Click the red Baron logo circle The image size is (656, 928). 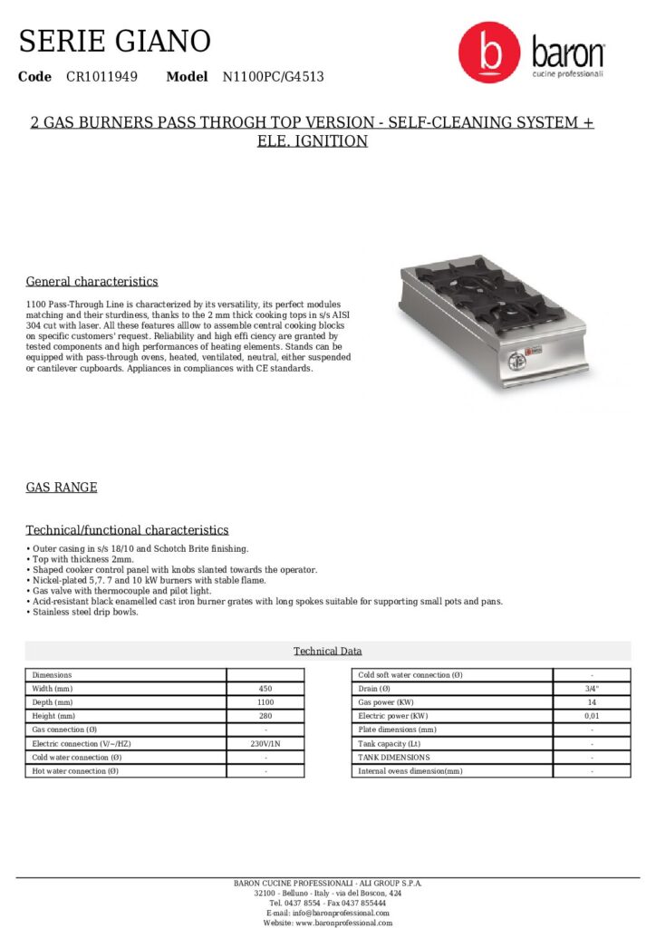tap(488, 53)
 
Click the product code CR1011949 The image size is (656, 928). tap(101, 77)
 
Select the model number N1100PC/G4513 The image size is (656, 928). tap(273, 77)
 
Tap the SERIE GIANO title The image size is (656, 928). tap(114, 41)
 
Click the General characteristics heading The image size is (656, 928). tap(92, 282)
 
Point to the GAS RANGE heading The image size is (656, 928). tap(61, 488)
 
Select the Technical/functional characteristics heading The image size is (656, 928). tap(127, 530)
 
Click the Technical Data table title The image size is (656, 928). tap(327, 651)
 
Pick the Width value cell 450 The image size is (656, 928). tap(265, 689)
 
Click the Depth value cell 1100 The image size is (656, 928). tap(265, 702)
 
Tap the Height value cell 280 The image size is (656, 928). tap(265, 716)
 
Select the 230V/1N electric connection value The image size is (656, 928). tap(265, 743)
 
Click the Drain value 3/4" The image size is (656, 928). tap(592, 689)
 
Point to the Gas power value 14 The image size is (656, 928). tap(592, 702)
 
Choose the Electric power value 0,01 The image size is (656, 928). tap(592, 716)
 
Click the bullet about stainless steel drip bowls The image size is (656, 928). tap(83, 613)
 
